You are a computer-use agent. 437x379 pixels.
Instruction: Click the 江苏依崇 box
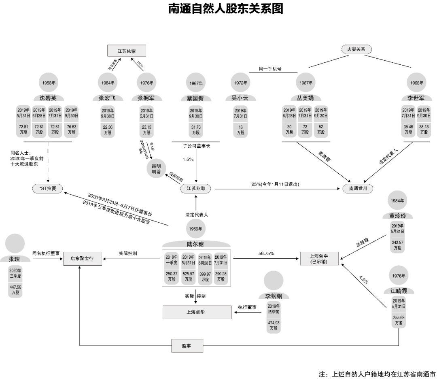pos(126,51)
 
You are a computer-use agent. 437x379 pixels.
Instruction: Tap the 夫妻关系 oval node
pos(356,49)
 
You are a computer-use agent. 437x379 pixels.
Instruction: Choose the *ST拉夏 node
pos(48,189)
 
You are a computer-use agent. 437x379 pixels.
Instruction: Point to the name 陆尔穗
pos(196,244)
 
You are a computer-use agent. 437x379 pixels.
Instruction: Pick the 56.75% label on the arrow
pos(266,253)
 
